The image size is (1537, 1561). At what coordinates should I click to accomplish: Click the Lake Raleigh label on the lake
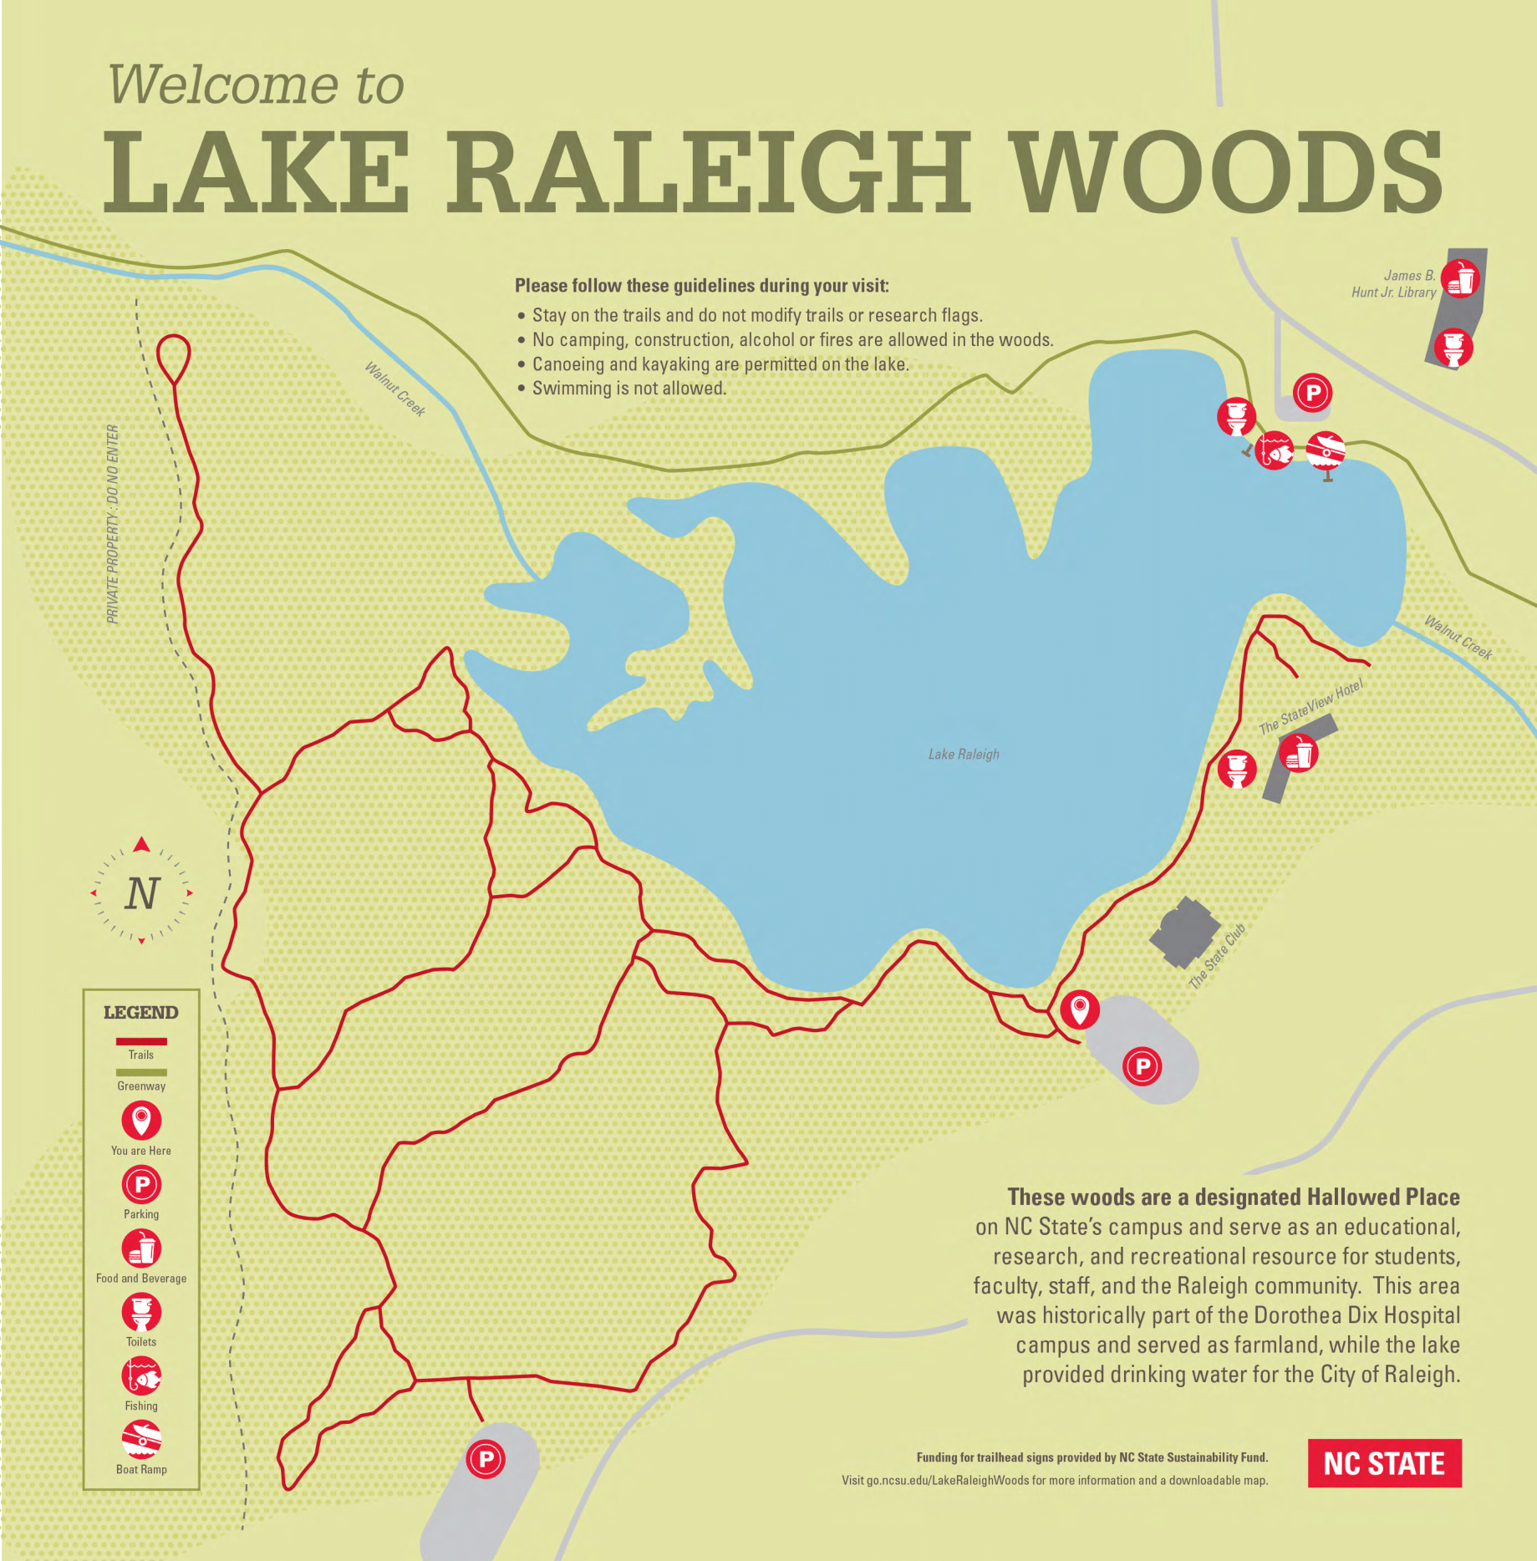point(964,754)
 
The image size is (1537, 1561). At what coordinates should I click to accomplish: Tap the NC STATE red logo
point(1384,1463)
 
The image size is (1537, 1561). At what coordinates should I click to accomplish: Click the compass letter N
point(142,893)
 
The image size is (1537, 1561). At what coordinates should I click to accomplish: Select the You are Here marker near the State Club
point(1079,1009)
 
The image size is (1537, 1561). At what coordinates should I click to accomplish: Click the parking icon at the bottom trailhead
point(486,1459)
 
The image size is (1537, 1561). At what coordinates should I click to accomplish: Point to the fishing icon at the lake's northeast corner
point(1274,450)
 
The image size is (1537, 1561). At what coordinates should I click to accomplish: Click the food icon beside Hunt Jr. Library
point(1460,278)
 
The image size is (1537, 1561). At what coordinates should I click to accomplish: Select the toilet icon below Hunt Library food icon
point(1453,347)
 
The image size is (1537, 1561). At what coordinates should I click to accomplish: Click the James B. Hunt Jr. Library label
point(1394,283)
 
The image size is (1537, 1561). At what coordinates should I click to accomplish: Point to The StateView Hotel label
point(1311,707)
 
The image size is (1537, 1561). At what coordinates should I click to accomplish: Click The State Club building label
point(1217,956)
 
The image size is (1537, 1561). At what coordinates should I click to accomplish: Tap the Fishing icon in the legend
point(141,1375)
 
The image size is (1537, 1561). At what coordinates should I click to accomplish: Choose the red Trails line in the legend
point(141,1041)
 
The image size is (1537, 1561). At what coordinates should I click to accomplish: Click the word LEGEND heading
point(140,1012)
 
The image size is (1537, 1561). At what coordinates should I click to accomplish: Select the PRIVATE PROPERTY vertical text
point(113,524)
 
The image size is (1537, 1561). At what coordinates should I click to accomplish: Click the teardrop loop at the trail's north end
point(174,357)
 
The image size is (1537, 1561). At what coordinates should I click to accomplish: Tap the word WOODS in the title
point(1227,173)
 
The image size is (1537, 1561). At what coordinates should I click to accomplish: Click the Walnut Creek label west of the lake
point(395,389)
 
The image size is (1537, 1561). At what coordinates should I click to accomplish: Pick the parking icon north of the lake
point(1312,392)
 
